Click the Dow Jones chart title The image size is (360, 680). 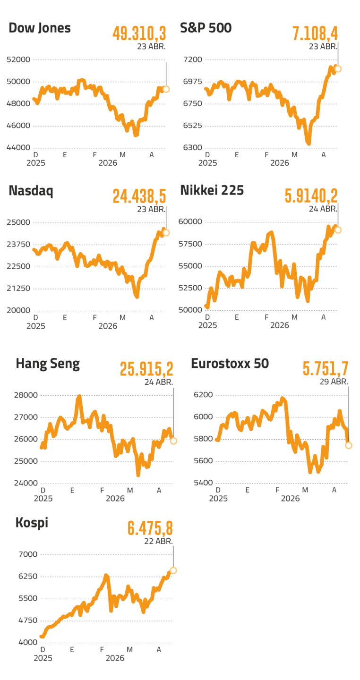40,28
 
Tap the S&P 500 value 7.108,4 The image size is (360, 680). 315,34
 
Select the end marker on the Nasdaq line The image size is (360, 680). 166,233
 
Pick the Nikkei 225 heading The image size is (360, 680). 212,190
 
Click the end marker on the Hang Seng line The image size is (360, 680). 173,441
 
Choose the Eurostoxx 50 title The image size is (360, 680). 230,364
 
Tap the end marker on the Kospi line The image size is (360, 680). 173,570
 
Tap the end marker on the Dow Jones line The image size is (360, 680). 166,89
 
